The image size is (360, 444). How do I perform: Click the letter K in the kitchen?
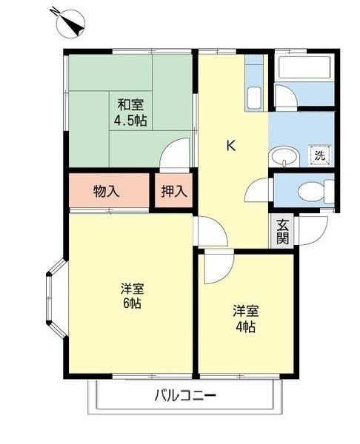click(x=231, y=146)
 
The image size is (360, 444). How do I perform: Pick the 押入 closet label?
click(x=175, y=191)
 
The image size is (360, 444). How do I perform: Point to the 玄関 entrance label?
click(x=282, y=232)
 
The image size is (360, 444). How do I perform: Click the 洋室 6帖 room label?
click(x=132, y=296)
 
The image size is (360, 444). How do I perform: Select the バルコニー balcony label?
click(x=185, y=396)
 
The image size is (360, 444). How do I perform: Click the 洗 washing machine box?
click(x=319, y=155)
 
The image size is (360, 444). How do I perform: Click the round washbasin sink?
click(x=281, y=157)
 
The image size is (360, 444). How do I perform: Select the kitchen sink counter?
click(x=254, y=89)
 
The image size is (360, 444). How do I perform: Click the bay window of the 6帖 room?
click(x=56, y=298)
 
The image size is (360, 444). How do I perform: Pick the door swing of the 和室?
click(x=178, y=155)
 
